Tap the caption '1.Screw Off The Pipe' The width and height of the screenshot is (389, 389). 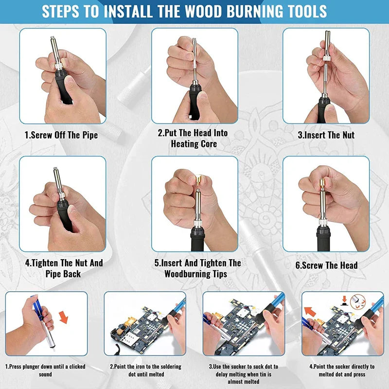point(61,135)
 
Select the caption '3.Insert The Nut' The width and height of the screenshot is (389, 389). point(326,135)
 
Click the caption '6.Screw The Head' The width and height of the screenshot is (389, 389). point(326,265)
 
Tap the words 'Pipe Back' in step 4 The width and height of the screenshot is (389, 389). point(63,274)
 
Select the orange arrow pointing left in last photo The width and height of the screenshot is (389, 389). point(309,311)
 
